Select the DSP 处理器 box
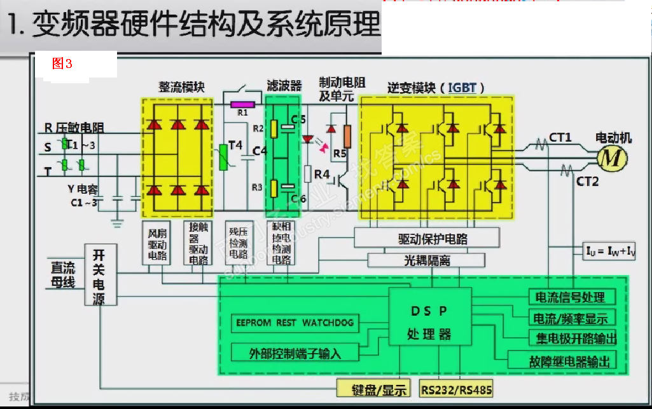[x=429, y=321]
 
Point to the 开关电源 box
[x=100, y=276]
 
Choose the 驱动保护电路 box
[x=433, y=239]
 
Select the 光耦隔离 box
[x=426, y=260]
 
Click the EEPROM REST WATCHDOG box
[x=295, y=323]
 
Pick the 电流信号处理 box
[x=574, y=297]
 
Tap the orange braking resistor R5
[x=347, y=135]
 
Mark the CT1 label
[x=560, y=137]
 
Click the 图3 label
[x=62, y=64]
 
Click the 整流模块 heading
[x=182, y=87]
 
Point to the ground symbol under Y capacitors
[x=117, y=223]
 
